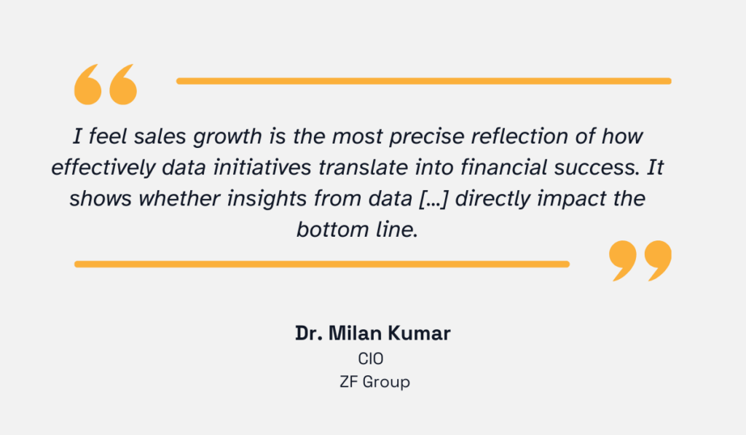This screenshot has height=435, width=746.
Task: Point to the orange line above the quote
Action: (423, 81)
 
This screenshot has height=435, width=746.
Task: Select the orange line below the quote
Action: (321, 264)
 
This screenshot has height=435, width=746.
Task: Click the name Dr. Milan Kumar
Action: (372, 334)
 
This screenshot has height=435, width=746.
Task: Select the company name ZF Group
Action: (374, 381)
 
